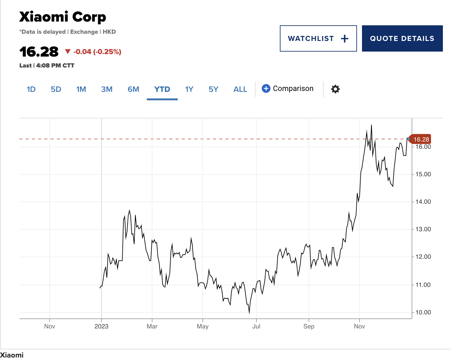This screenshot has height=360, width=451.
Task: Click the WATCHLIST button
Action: coord(318,38)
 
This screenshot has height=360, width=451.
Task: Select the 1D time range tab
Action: coord(31,89)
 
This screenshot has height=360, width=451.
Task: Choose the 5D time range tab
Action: coord(56,89)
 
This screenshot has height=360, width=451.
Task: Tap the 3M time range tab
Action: coord(107,89)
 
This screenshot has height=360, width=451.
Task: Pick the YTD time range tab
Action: coord(162,89)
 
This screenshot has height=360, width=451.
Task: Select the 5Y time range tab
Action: coord(213,89)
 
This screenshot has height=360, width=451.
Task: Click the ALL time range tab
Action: coord(240,89)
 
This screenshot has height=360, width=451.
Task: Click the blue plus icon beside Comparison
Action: coord(266,89)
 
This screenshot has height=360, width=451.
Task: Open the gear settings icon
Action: coord(335,89)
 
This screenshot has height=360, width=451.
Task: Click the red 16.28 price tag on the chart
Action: coord(421,139)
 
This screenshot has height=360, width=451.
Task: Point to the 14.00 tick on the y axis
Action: coord(423,202)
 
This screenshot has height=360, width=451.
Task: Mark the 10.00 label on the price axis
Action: coord(423,312)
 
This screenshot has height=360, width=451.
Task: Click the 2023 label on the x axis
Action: coord(101,327)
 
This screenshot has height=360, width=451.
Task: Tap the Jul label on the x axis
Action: coord(256,327)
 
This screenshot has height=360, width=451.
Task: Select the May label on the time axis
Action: coord(202,327)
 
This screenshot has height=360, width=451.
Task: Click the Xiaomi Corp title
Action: coord(62,17)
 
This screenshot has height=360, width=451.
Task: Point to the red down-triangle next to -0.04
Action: coord(67,52)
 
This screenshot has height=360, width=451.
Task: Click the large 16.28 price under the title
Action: coord(39,52)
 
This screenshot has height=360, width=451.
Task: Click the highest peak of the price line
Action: coord(371,125)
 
